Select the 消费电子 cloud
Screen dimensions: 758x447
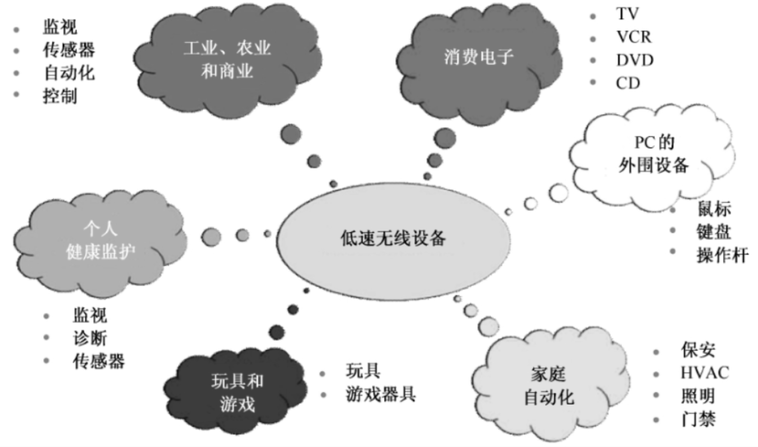(479, 59)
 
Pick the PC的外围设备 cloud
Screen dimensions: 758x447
(653, 154)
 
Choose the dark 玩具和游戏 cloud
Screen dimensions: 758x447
(237, 393)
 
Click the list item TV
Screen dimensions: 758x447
(627, 14)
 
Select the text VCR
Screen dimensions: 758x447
(634, 37)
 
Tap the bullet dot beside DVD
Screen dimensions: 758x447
(593, 60)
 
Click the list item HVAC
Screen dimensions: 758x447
(704, 373)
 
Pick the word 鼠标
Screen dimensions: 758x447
(714, 209)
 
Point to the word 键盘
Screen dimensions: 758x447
(713, 232)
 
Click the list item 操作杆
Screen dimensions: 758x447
(722, 255)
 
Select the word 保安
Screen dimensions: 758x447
(698, 350)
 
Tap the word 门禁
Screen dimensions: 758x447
(698, 419)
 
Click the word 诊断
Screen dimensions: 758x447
(90, 338)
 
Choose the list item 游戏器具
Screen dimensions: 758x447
(381, 394)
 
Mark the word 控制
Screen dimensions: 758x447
(60, 96)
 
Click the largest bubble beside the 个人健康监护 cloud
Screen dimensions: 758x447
(211, 236)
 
